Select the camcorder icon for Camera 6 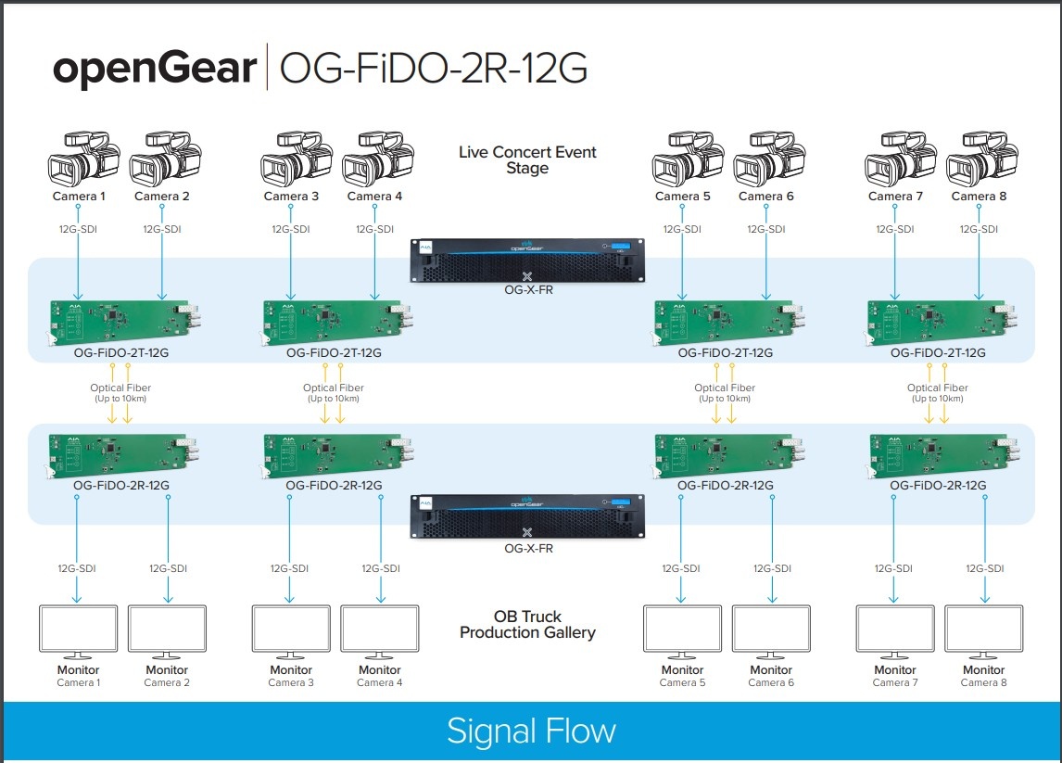(x=765, y=159)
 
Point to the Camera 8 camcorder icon (x=978, y=159)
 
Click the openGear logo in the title (x=155, y=70)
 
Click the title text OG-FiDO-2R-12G (x=434, y=70)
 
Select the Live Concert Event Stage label (x=527, y=159)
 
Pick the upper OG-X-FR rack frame (x=527, y=259)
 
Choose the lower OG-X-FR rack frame (x=527, y=515)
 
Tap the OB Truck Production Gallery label (x=527, y=624)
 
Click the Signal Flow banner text (x=531, y=731)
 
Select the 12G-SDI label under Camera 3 (x=290, y=229)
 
